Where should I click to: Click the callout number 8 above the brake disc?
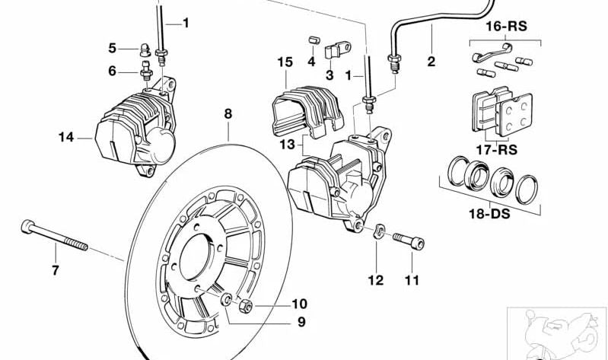coord(228,115)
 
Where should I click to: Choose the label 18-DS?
coord(489,214)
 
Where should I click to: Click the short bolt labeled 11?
coord(409,241)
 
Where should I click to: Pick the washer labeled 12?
coord(378,231)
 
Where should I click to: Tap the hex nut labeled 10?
coord(246,307)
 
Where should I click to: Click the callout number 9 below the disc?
coord(301,322)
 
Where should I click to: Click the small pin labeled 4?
coord(310,39)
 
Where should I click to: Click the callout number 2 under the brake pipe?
coord(431,62)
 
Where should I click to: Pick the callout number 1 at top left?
coord(185,23)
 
